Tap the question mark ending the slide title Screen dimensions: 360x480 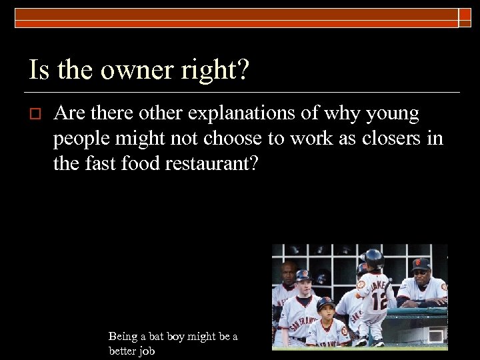[x=242, y=69]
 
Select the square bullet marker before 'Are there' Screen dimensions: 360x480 [x=37, y=114]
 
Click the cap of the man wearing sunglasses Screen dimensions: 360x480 [x=421, y=263]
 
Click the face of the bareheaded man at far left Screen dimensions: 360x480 [x=287, y=272]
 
